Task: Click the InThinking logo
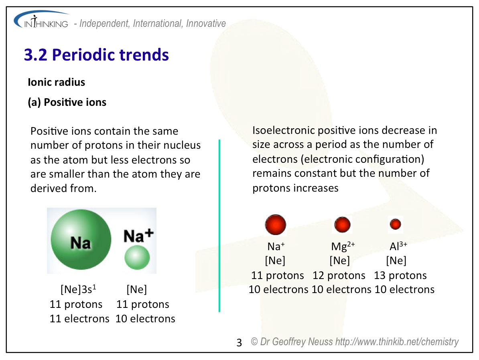(41, 20)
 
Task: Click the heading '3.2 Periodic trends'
(96, 55)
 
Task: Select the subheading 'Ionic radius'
(56, 82)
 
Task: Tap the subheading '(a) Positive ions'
(67, 102)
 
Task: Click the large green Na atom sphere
(81, 239)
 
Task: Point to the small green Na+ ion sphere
(137, 257)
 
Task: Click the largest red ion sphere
(276, 225)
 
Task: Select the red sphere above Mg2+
(343, 225)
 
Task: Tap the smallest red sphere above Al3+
(396, 224)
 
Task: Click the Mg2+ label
(343, 246)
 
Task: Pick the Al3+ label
(398, 245)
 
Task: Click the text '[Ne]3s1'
(79, 289)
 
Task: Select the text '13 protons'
(400, 275)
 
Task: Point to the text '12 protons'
(339, 275)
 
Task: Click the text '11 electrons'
(79, 318)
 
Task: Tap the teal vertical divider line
(219, 226)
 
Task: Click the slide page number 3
(239, 343)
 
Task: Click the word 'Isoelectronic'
(284, 130)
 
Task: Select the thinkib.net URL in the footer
(397, 342)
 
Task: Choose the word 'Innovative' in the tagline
(206, 24)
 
